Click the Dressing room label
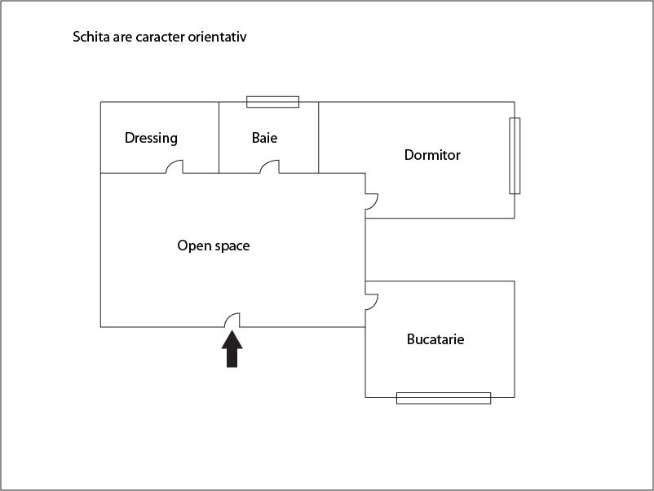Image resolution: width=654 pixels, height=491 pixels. [151, 138]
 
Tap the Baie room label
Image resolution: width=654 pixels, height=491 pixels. [264, 138]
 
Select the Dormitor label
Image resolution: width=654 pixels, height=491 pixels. [432, 155]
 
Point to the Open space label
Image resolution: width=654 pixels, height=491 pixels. [214, 245]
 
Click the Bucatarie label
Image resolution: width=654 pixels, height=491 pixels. [435, 339]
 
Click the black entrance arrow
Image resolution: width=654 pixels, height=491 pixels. [232, 349]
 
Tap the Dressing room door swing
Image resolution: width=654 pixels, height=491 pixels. [175, 166]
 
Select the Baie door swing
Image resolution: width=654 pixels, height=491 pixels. [269, 166]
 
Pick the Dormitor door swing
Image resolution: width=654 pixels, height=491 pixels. [372, 201]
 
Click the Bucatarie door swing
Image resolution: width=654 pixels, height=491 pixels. [372, 302]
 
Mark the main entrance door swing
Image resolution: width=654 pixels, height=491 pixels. [232, 320]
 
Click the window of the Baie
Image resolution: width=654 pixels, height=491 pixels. [273, 102]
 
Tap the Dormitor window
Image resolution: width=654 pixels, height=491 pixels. [515, 156]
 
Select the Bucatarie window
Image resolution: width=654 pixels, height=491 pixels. [444, 398]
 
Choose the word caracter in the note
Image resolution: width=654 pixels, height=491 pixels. [160, 37]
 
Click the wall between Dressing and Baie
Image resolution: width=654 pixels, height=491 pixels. [219, 137]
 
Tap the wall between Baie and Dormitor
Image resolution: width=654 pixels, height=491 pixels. [319, 137]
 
